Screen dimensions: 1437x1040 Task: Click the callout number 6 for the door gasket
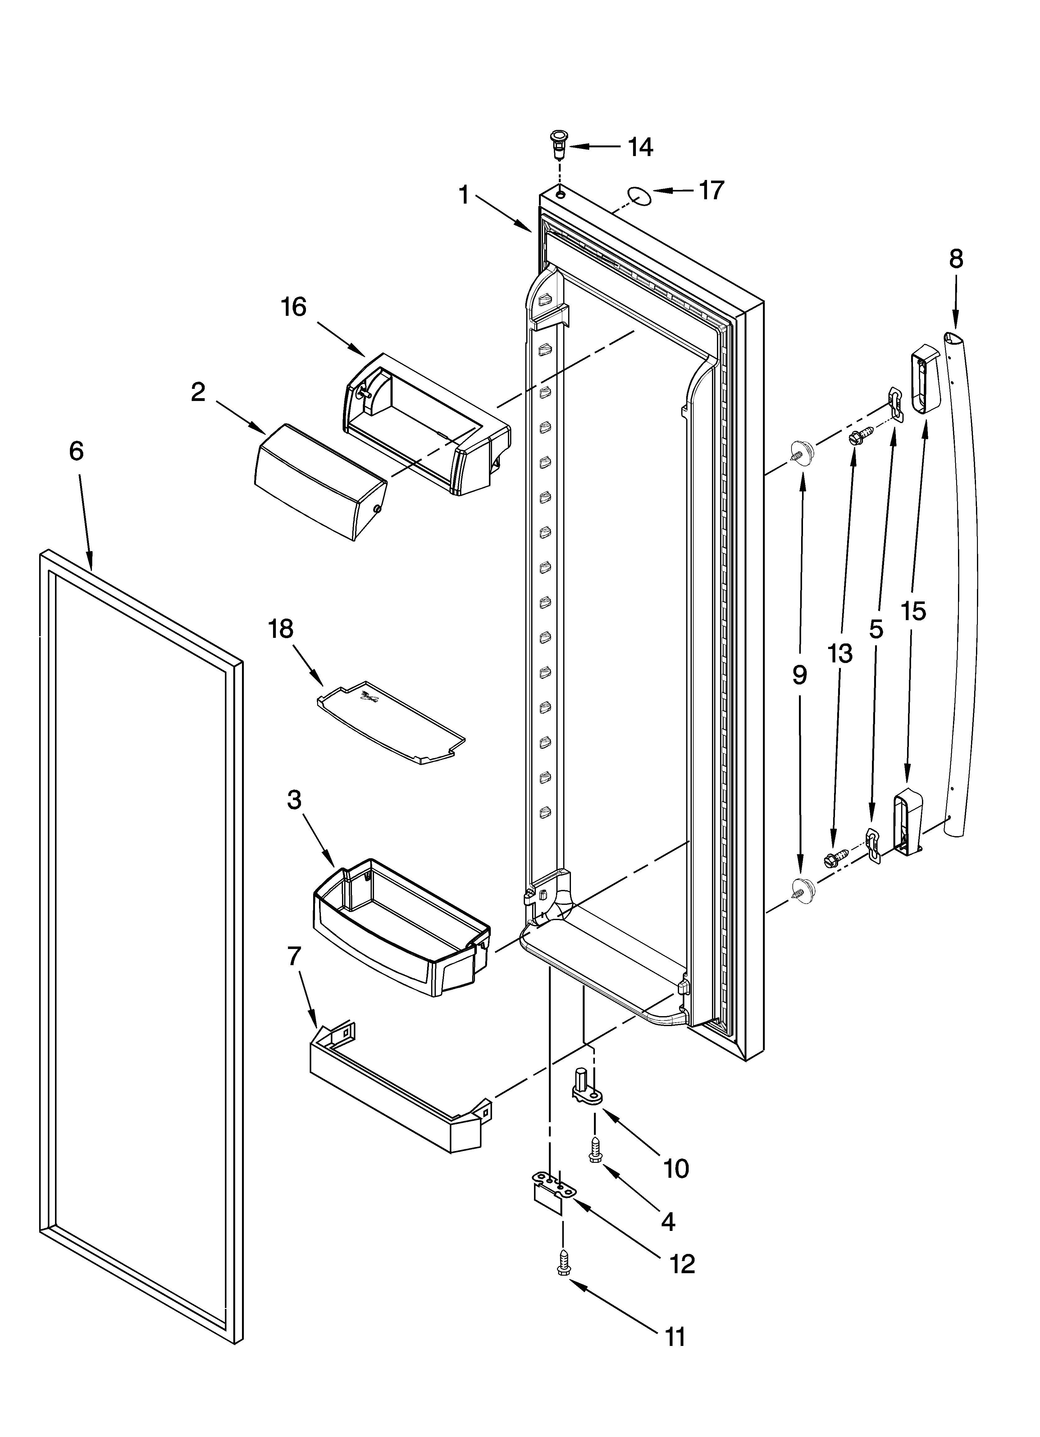(76, 451)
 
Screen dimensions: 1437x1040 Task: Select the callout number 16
(294, 307)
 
